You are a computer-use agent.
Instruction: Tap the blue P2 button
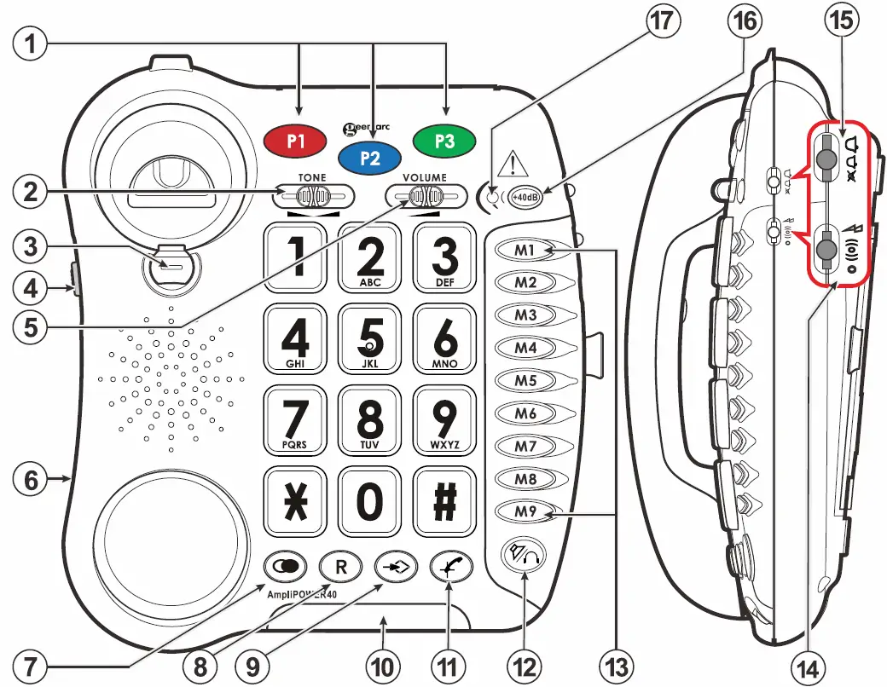point(370,157)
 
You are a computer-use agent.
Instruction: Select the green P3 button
point(444,141)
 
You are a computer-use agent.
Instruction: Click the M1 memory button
point(526,250)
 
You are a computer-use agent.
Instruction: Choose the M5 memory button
point(526,380)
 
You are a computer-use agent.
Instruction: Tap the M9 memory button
point(526,511)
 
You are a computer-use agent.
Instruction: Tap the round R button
point(341,566)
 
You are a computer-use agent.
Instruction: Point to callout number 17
point(658,22)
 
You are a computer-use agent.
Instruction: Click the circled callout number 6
point(31,480)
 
